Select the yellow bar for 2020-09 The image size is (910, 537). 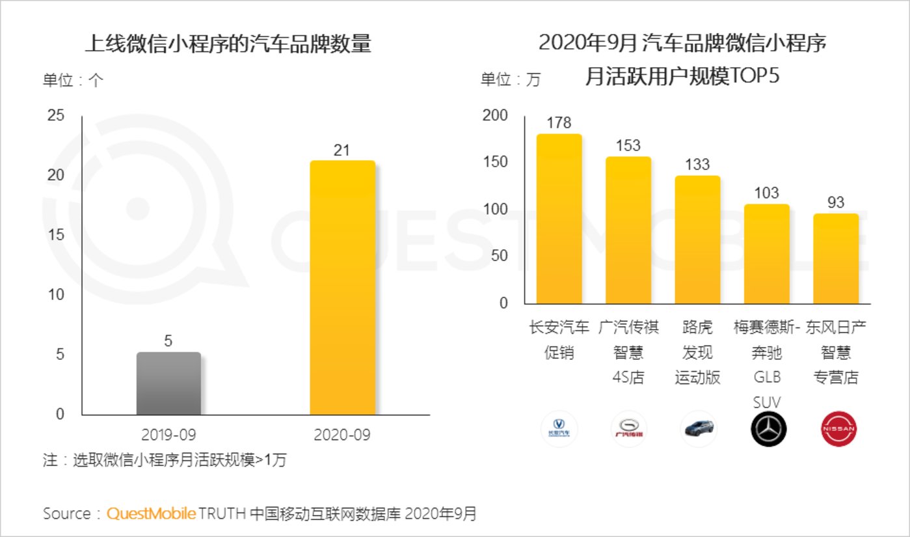tap(342, 287)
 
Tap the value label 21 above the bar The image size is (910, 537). tap(342, 150)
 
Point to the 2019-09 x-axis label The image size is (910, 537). tap(168, 435)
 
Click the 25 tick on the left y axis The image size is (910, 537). tap(57, 116)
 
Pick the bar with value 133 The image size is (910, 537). tap(697, 240)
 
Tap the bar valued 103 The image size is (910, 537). tap(767, 255)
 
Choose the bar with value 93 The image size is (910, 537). tap(836, 259)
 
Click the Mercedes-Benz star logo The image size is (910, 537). tap(769, 429)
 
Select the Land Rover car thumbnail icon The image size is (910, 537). tap(698, 429)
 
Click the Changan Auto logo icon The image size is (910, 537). tap(559, 429)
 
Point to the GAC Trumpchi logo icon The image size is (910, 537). tap(629, 429)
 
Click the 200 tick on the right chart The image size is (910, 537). tap(494, 116)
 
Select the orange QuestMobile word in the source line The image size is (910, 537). tap(151, 514)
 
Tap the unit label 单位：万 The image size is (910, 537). tap(511, 80)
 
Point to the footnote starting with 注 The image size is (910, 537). tap(165, 460)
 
